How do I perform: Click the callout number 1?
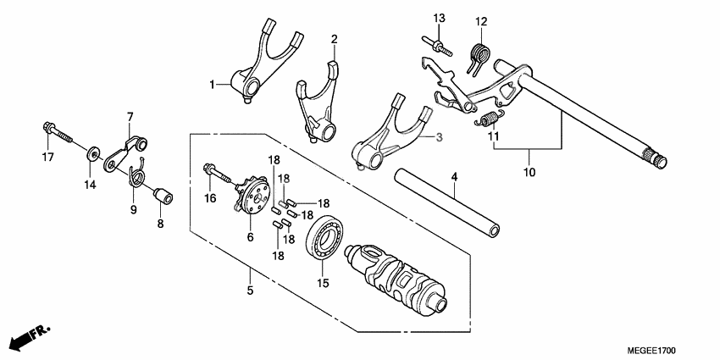click(213, 84)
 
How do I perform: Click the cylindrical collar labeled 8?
click(163, 197)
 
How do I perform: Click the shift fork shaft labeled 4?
click(445, 203)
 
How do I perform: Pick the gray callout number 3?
click(440, 136)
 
